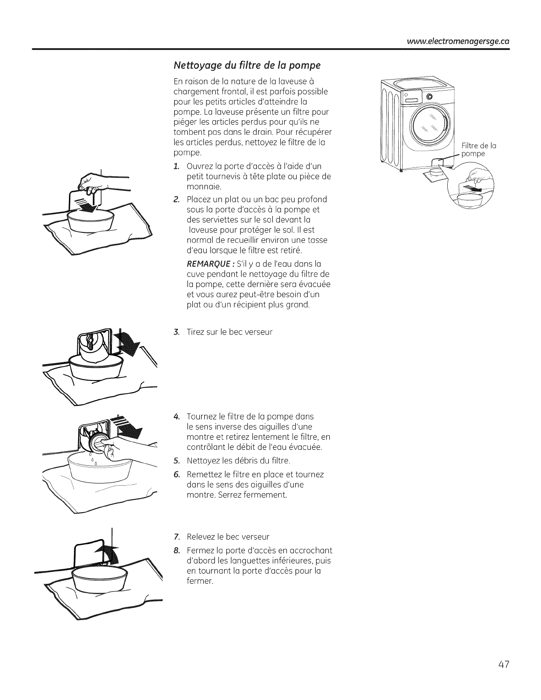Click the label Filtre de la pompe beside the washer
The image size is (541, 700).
click(473, 150)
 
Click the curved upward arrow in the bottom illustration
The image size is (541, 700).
click(111, 555)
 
